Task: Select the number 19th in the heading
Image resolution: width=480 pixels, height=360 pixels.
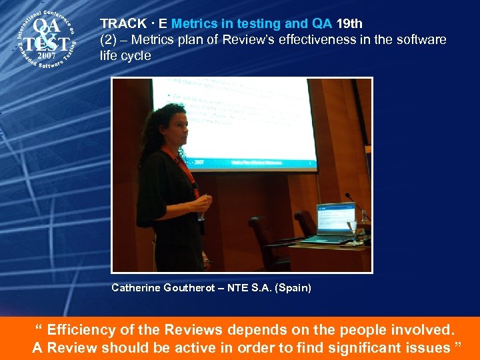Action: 349,25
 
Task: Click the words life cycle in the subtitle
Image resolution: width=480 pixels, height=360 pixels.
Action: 125,55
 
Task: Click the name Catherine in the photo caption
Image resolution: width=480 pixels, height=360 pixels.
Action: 136,288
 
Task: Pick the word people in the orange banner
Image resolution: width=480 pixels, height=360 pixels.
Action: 367,330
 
